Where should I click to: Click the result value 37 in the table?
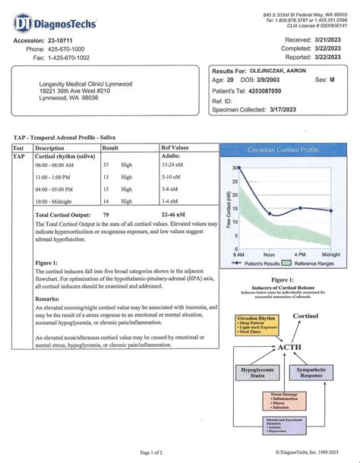[106, 165]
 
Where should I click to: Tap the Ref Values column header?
[175, 148]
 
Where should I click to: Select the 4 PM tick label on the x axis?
[300, 254]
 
